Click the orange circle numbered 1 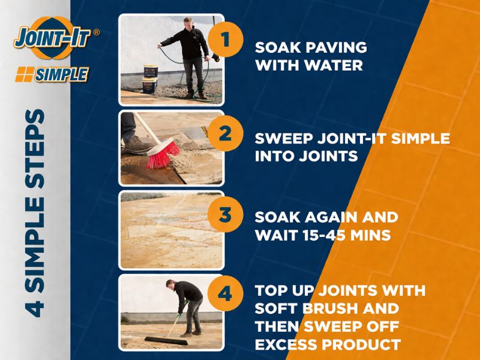[226, 40]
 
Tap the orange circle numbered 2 [226, 133]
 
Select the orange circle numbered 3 [226, 214]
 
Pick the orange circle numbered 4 [226, 293]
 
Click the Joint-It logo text [53, 38]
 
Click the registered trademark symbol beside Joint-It [96, 32]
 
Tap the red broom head [163, 153]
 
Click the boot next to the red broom [137, 144]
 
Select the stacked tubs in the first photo [151, 79]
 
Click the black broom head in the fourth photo [166, 341]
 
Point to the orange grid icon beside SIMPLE [25, 74]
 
